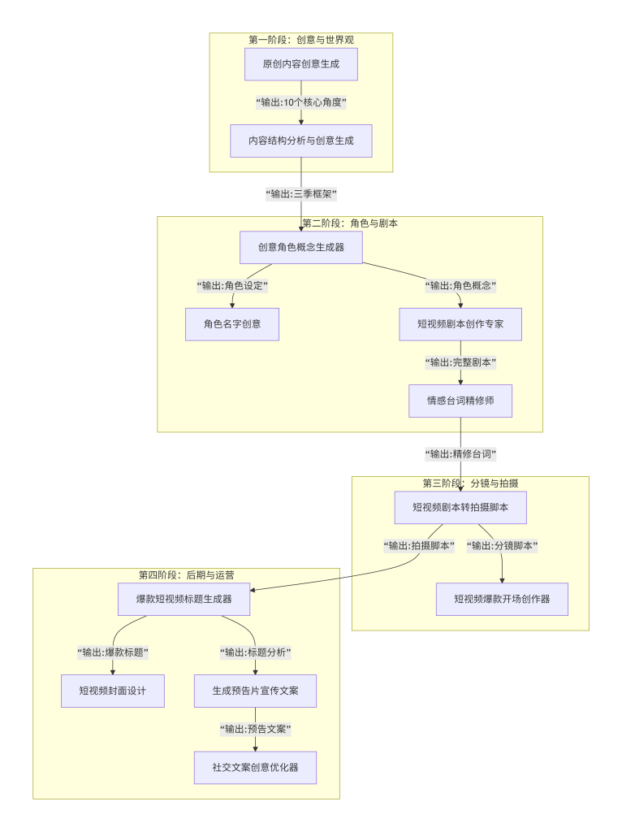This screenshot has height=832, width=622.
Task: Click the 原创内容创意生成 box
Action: pyautogui.click(x=301, y=64)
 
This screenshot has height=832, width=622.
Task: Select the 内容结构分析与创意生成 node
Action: pyautogui.click(x=301, y=141)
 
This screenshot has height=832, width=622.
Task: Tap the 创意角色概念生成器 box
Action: pyautogui.click(x=301, y=248)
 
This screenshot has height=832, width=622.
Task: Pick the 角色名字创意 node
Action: pyautogui.click(x=232, y=323)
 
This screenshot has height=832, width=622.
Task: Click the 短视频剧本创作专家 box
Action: pyautogui.click(x=460, y=323)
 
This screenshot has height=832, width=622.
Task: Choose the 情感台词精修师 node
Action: pyautogui.click(x=460, y=401)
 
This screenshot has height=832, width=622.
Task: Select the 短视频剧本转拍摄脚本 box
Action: pyautogui.click(x=460, y=507)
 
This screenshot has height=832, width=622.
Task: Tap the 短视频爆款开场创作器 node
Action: pyautogui.click(x=502, y=599)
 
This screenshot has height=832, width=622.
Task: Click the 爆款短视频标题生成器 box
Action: pyautogui.click(x=184, y=599)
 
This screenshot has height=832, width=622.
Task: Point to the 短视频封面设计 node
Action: pyautogui.click(x=113, y=691)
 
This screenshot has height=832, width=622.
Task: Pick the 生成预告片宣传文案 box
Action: pyautogui.click(x=255, y=691)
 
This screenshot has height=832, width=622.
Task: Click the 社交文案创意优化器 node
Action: pyautogui.click(x=255, y=767)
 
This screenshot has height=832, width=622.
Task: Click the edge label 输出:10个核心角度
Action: pyautogui.click(x=301, y=102)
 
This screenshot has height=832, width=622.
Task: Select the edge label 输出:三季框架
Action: pyautogui.click(x=301, y=194)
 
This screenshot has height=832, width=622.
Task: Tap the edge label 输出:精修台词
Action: pyautogui.click(x=460, y=454)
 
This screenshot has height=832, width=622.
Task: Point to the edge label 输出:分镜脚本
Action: pyautogui.click(x=503, y=546)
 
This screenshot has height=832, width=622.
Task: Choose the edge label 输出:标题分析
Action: pyautogui.click(x=256, y=652)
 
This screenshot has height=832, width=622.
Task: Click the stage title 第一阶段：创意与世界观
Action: pyautogui.click(x=301, y=39)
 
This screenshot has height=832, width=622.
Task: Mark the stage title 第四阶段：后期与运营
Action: pyautogui.click(x=187, y=574)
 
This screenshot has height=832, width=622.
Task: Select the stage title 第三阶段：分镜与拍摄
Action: pyautogui.click(x=470, y=483)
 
